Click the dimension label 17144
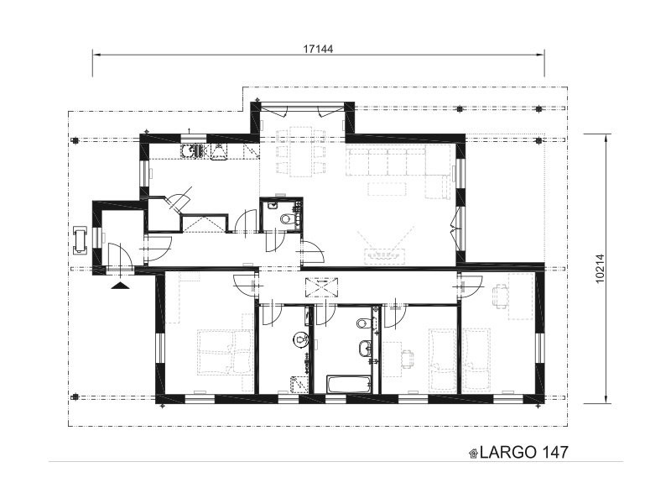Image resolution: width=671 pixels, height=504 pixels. click(318, 50)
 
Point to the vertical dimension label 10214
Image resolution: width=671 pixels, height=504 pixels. click(600, 269)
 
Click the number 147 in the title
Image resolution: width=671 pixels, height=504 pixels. click(554, 452)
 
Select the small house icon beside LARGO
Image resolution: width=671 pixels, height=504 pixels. click(474, 454)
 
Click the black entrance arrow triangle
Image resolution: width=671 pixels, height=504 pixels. click(120, 286)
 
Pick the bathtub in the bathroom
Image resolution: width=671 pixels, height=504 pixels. click(349, 385)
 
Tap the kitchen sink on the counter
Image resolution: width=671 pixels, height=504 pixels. click(192, 151)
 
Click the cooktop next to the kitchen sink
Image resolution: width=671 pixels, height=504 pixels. click(219, 153)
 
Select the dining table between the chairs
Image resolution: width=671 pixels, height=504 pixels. click(300, 152)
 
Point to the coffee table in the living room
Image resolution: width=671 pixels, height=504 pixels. click(387, 189)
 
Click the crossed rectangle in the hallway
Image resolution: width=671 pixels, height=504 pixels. click(321, 287)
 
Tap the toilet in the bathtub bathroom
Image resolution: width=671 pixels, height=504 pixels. click(363, 323)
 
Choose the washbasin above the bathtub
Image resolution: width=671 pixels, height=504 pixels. click(365, 349)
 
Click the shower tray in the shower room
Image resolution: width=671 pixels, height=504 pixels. click(299, 384)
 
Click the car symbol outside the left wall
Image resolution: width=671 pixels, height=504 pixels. click(80, 239)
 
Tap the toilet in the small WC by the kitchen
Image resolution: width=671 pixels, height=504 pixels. click(286, 219)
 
